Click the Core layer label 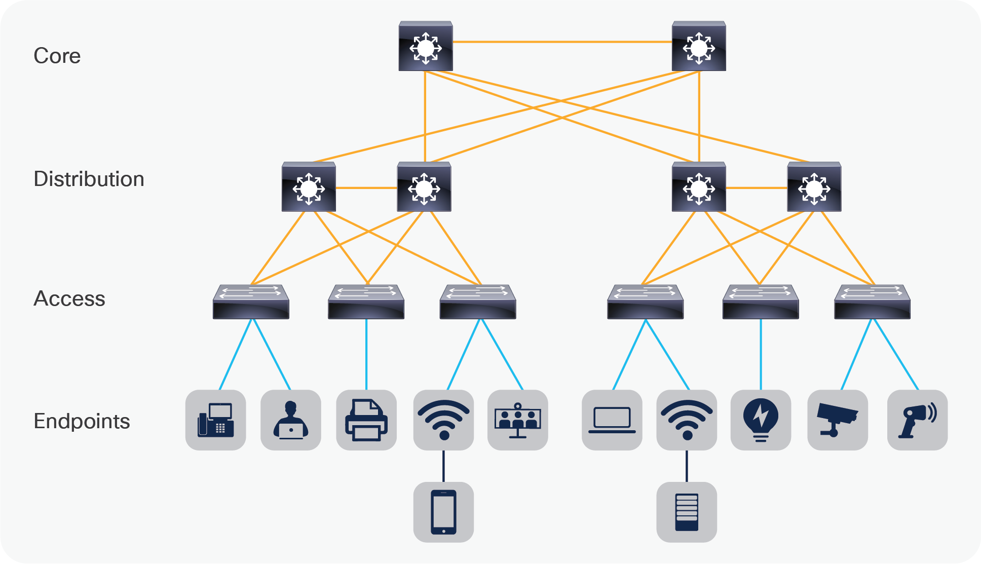(57, 56)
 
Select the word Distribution (89, 179)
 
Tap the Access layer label (69, 298)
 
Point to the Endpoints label (82, 421)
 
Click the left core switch (426, 47)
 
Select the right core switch (699, 47)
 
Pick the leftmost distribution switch (309, 187)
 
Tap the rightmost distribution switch (814, 187)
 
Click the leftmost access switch (251, 302)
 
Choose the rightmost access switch (872, 302)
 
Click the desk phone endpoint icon (216, 420)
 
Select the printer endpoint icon (366, 420)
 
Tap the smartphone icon (443, 512)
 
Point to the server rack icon (687, 512)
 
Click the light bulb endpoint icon (761, 420)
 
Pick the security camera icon (838, 420)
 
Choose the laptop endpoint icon (612, 420)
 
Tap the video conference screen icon (517, 420)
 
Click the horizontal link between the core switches (562, 42)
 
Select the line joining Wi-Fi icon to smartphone (443, 466)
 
